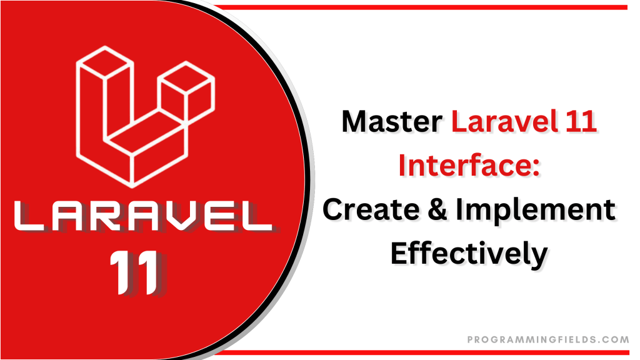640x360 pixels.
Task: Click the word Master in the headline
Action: pos(392,122)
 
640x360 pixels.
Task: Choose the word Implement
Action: pos(535,211)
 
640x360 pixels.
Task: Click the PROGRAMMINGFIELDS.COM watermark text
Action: pos(547,339)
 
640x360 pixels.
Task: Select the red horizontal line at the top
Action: pos(425,7)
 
